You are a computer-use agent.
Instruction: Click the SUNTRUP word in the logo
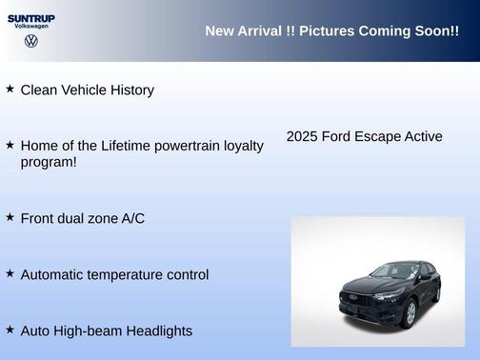[30, 17]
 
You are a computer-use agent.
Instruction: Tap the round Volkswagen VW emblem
[30, 42]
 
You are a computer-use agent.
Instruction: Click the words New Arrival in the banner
[242, 31]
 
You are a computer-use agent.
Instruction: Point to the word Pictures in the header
[323, 31]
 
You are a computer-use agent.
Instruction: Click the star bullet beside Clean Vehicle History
[10, 89]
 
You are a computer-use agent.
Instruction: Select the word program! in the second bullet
[49, 162]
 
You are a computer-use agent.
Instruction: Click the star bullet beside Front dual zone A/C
[10, 217]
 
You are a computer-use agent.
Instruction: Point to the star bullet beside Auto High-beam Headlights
[10, 329]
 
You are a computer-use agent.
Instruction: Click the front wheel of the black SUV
[408, 313]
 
